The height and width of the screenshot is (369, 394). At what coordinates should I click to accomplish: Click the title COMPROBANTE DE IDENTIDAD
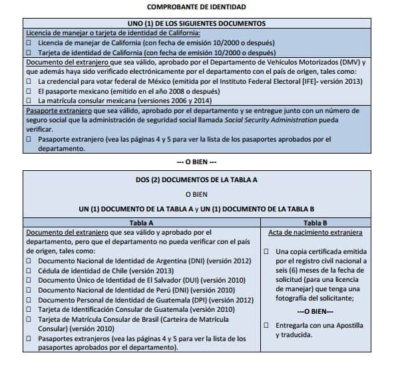tap(196, 7)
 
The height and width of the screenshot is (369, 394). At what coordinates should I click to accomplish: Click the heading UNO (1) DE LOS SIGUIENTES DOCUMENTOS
tap(196, 23)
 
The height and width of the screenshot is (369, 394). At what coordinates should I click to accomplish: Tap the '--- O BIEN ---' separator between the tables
tap(196, 162)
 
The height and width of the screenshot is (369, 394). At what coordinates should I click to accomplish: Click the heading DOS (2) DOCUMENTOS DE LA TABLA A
tap(196, 180)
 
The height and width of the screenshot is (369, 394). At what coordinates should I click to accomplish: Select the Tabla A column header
tap(141, 223)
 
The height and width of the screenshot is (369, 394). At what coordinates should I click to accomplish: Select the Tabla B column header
tap(315, 223)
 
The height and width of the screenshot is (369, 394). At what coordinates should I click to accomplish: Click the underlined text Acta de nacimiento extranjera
tap(315, 233)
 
